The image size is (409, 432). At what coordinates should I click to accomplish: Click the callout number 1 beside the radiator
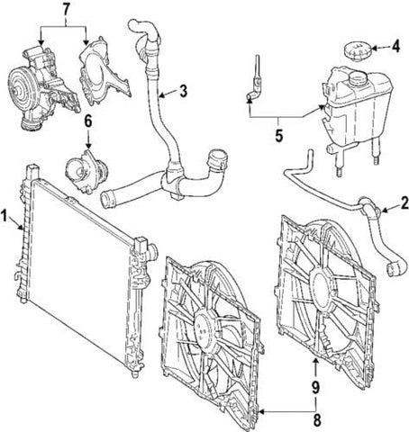coord(6,217)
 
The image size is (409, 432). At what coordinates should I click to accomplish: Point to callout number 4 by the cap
coord(395,44)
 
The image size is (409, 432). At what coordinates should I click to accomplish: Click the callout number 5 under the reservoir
coord(278,137)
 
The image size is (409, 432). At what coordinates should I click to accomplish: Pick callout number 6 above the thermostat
coord(87,120)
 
